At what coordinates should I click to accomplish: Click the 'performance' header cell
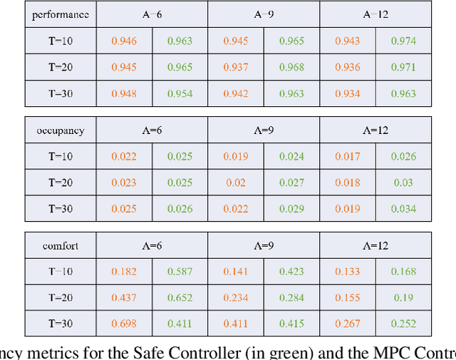[x=61, y=14]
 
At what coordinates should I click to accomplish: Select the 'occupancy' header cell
[x=61, y=130]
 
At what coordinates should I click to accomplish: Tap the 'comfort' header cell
[x=61, y=247]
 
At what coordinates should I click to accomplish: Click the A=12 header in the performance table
[x=375, y=14]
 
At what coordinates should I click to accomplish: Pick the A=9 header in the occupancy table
[x=264, y=130]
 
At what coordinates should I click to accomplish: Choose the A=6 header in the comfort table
[x=152, y=247]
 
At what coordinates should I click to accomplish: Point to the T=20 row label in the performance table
[x=61, y=67]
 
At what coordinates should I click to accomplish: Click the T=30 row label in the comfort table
[x=61, y=324]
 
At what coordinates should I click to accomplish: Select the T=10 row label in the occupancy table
[x=61, y=157]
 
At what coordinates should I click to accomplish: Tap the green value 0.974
[x=403, y=41]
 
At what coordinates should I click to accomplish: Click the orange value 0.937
[x=236, y=67]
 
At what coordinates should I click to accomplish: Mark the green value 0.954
[x=180, y=93]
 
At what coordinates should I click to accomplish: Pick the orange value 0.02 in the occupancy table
[x=236, y=182]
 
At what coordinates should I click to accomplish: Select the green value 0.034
[x=403, y=208]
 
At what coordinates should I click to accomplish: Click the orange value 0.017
[x=348, y=157]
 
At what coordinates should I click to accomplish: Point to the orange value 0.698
[x=124, y=324]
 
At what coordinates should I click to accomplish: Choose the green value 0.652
[x=180, y=298]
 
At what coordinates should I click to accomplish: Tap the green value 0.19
[x=403, y=298]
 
